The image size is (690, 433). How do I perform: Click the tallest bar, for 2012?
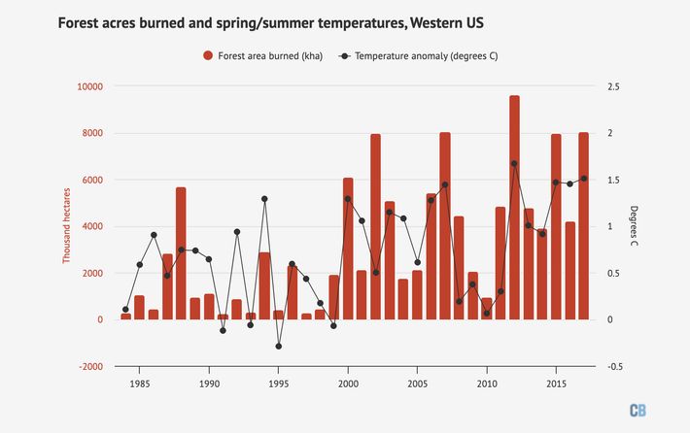[514, 208]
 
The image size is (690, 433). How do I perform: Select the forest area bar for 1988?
[181, 253]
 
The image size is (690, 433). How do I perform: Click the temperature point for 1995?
[278, 346]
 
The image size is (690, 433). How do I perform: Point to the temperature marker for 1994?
[264, 199]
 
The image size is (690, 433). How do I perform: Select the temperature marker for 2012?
[514, 163]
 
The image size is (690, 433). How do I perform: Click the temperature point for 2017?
[584, 178]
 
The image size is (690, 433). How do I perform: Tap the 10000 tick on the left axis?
[90, 86]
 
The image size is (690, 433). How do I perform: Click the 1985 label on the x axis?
[139, 384]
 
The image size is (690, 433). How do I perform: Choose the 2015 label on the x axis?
[556, 384]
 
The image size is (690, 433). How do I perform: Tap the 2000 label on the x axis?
[348, 384]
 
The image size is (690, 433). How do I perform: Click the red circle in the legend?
[208, 55]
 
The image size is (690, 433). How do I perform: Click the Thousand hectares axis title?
[67, 226]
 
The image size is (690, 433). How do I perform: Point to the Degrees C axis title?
[634, 226]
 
